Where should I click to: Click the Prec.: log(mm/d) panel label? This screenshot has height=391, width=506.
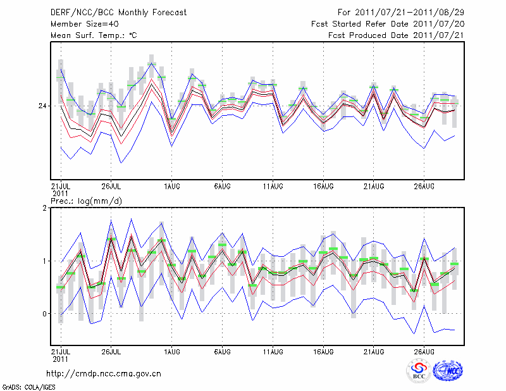click(x=87, y=201)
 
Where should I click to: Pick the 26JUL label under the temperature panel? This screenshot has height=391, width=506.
click(x=111, y=186)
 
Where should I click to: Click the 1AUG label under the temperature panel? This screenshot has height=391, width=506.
click(x=171, y=186)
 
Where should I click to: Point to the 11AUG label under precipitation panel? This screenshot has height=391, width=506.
click(x=273, y=351)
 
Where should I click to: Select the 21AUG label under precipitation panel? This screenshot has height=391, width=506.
click(x=374, y=351)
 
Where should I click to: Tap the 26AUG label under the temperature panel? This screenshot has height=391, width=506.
click(x=424, y=186)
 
